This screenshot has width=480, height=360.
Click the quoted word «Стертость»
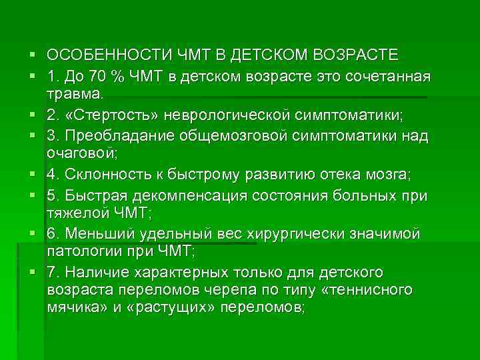tap(103, 117)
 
